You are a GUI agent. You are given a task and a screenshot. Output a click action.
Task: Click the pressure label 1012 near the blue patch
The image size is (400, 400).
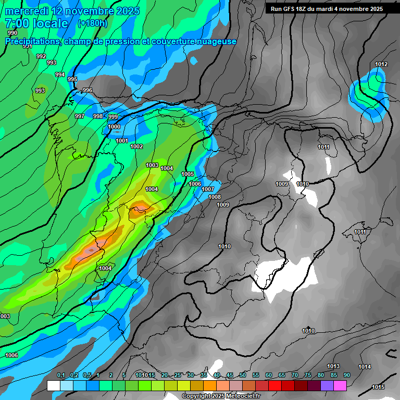tap(381, 65)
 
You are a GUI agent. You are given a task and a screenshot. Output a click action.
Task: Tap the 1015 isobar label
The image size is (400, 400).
tap(379, 387)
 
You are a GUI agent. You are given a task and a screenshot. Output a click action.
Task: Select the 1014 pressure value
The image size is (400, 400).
tap(365, 367)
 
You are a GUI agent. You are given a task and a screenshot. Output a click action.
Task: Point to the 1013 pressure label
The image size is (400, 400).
tap(333, 367)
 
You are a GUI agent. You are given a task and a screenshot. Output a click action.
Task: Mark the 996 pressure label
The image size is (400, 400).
tap(87, 91)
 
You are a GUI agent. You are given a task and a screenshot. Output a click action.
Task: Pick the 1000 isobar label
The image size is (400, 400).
tap(115, 127)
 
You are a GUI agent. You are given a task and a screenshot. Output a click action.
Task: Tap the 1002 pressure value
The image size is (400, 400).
tap(136, 147)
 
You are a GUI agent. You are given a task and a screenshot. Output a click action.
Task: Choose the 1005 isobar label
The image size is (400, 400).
tap(187, 174)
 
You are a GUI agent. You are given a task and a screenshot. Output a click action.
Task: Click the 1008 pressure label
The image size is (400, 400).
tap(215, 197)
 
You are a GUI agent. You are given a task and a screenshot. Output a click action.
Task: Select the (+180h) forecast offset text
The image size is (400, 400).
tap(92, 23)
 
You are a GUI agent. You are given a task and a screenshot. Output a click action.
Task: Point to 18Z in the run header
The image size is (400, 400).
tap(303, 9)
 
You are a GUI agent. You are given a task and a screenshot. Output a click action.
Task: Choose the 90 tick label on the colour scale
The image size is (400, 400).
tap(346, 376)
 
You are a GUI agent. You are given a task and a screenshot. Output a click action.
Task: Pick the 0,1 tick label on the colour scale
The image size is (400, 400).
tap(60, 376)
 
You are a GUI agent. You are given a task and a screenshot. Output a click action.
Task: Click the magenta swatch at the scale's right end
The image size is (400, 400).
tap(340, 385)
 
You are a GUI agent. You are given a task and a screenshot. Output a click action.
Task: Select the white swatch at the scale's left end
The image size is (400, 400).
tap(53, 385)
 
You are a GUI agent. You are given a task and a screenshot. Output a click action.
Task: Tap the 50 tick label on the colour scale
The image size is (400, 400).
tap(243, 376)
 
